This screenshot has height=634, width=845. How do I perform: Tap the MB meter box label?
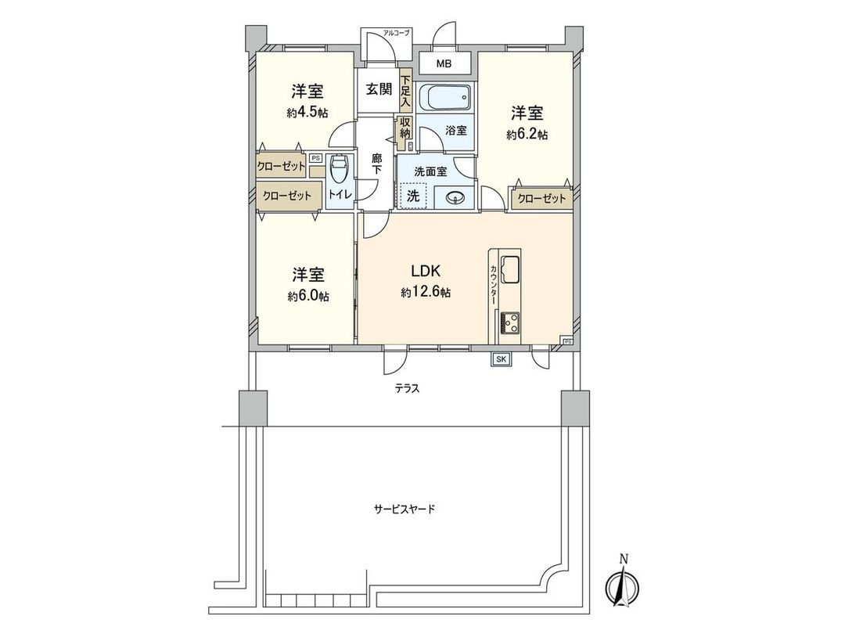444,63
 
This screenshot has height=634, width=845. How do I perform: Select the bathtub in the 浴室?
444,99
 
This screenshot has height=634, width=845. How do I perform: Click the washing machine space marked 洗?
412,196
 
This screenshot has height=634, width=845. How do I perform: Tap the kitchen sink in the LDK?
510,270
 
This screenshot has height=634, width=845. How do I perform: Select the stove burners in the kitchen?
510,322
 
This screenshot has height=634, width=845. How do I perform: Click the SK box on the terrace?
500,359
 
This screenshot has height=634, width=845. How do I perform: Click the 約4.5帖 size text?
307,112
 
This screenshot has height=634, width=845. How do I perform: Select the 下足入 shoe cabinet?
405,91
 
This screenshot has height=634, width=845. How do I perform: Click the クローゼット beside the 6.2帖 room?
541,199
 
